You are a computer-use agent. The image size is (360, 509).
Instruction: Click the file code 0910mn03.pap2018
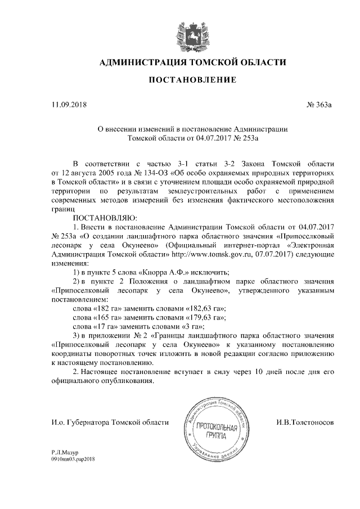[74, 459]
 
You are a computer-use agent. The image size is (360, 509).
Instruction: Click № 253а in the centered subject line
[250, 137]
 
